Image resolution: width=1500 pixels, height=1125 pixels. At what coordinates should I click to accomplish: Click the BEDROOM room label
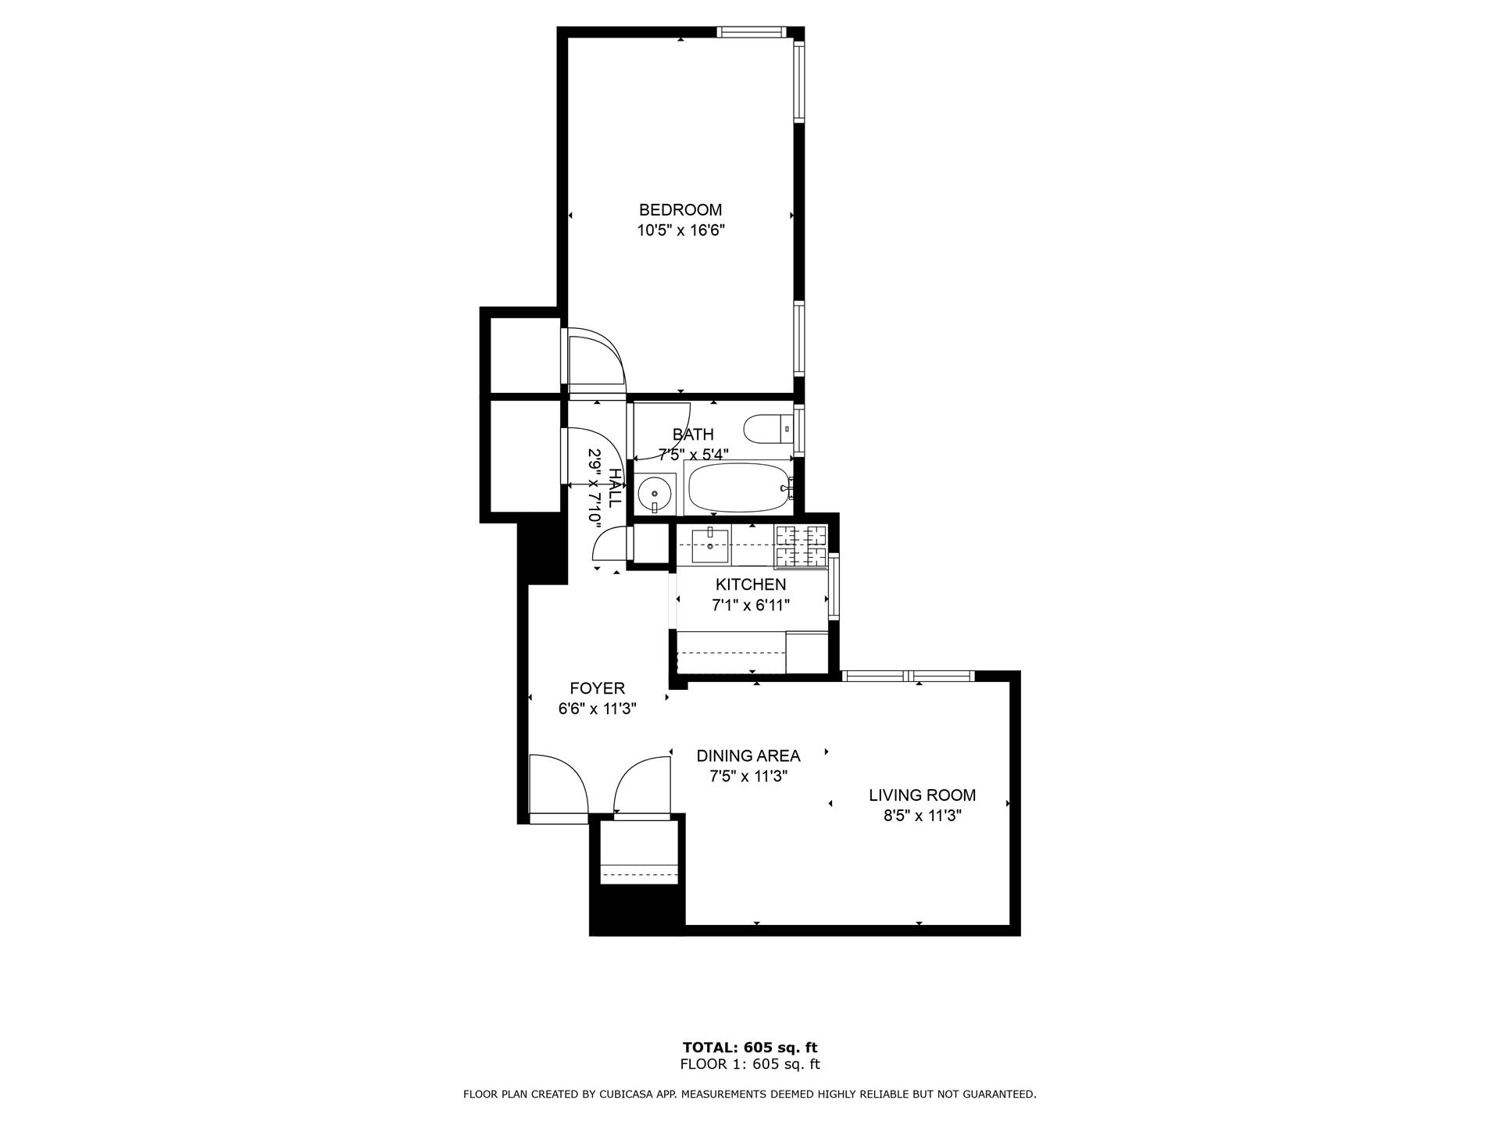pos(680,210)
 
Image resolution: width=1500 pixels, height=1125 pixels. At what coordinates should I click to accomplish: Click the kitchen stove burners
pos(801,545)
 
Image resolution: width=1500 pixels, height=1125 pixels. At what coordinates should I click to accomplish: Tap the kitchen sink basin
pos(710,545)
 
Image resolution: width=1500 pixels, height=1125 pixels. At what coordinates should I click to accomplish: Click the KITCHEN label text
pos(751,585)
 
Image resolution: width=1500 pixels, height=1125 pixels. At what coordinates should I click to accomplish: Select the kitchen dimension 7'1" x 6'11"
pos(751,605)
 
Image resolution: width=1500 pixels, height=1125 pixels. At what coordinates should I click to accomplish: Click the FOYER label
pos(597,688)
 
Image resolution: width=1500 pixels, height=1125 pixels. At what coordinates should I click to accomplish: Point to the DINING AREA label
pos(748,756)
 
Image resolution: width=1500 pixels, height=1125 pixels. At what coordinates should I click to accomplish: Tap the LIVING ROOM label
pos(922,795)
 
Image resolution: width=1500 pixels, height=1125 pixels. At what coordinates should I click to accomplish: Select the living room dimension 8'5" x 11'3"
pos(922,816)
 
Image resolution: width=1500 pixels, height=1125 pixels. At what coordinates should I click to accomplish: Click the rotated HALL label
pos(615,487)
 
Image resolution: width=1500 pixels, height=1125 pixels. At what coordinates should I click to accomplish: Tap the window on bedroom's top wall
pos(751,32)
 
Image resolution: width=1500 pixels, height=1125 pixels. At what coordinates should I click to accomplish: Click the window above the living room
pos(909,676)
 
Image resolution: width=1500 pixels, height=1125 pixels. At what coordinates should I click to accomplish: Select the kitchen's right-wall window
pos(834,585)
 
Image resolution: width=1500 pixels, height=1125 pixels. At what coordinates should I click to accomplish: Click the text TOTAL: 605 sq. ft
pos(749,1048)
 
